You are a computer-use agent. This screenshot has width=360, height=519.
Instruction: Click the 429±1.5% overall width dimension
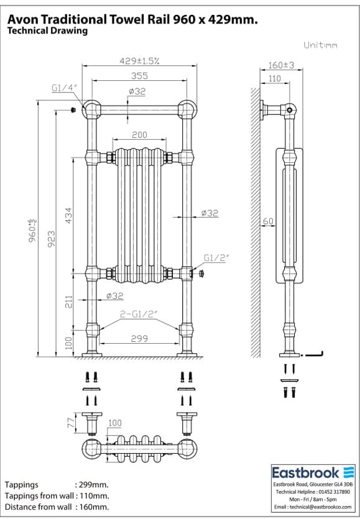point(139,61)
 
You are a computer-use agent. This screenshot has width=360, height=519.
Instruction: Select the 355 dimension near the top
point(139,76)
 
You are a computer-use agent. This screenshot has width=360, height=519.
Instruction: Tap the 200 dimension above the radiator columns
point(139,135)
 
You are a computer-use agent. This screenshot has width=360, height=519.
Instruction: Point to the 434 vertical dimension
point(69,215)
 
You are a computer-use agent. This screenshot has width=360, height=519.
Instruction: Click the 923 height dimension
point(51,236)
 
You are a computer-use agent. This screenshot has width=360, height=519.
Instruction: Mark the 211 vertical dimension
point(69,303)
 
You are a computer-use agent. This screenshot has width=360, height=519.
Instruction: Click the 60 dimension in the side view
point(268,221)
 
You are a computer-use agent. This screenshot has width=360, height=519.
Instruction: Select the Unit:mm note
point(320,45)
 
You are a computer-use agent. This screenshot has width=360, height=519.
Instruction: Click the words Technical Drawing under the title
point(47,30)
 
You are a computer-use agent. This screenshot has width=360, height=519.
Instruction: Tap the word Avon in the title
point(22,20)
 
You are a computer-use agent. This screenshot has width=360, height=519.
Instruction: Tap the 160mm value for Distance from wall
point(92,507)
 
